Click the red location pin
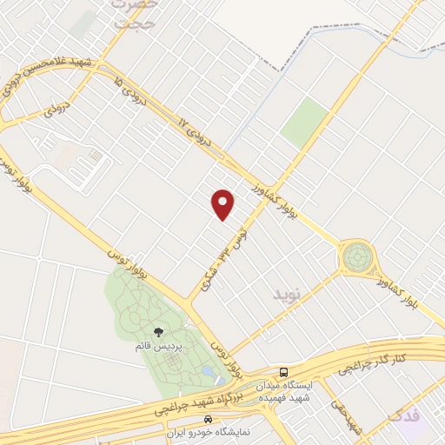point(224,203)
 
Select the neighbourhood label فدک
point(405,415)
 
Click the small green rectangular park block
point(303,123)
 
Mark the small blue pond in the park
point(209,371)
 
